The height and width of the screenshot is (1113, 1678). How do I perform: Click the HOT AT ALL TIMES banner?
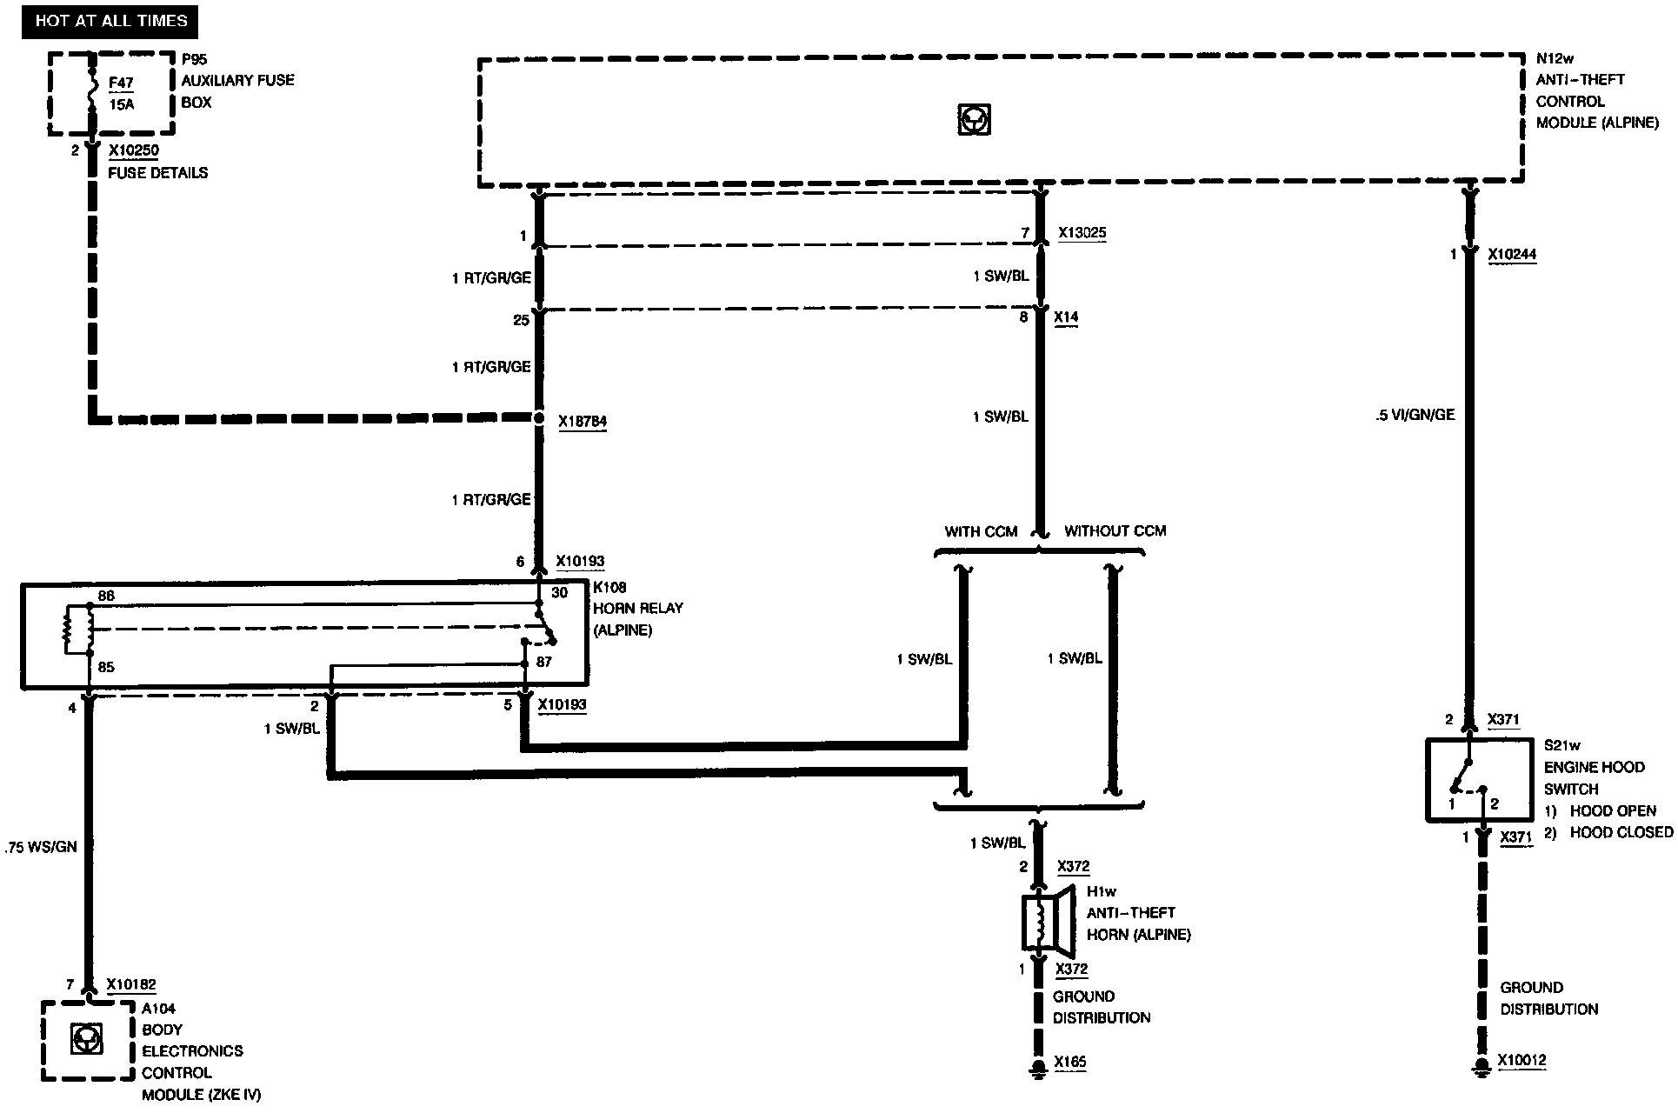coord(110,21)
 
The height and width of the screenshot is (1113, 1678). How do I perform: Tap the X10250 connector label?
coord(133,150)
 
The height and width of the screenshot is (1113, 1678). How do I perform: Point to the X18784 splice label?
coord(582,422)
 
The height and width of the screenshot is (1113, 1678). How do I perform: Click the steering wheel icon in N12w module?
coord(974,119)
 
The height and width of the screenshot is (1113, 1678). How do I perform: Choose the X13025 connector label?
coord(1082,233)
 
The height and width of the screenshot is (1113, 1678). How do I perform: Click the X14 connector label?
coord(1066,317)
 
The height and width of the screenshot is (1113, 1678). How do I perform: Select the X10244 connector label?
coord(1511,255)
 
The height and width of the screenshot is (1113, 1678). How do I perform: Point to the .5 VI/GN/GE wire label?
coord(1415,415)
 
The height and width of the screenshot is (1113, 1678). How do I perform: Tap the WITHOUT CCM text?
coord(1115,530)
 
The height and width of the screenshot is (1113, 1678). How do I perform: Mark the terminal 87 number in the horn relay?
coord(544,662)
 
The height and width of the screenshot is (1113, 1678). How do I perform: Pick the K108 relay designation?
coord(609,587)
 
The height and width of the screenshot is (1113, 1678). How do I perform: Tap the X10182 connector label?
coord(131,985)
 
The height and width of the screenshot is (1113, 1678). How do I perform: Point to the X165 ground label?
coord(1069,1062)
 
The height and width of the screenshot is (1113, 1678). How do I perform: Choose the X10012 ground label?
coord(1522,1061)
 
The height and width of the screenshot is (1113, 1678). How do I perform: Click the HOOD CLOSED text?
coord(1621,832)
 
